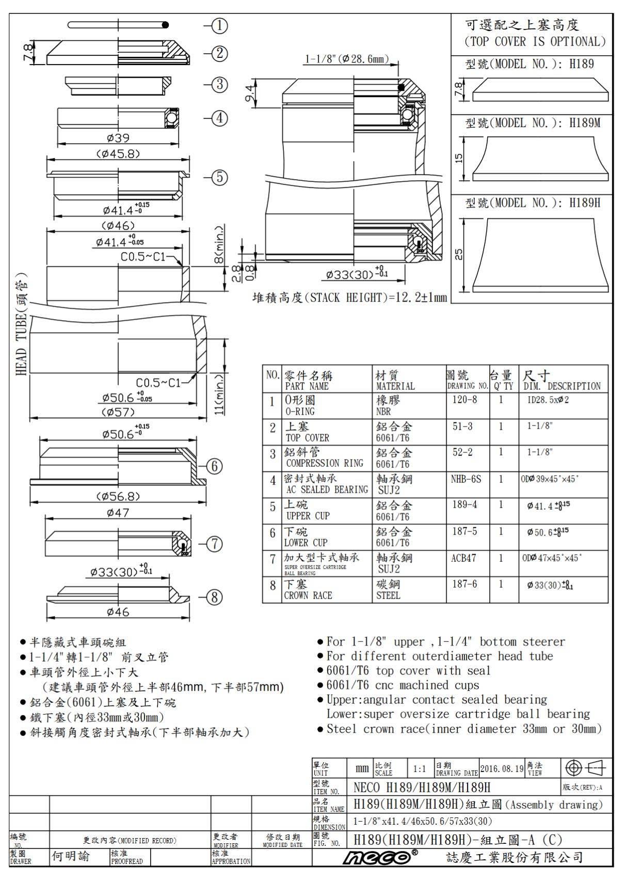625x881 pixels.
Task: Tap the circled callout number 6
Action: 214,466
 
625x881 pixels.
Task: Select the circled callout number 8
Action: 214,597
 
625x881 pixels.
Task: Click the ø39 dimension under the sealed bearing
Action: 118,138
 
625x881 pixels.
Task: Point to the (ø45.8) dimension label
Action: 118,154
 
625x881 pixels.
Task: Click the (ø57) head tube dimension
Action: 118,412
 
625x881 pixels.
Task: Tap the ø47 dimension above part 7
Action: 118,513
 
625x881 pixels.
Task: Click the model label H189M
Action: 533,123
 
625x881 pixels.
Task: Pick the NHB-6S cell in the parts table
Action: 466,479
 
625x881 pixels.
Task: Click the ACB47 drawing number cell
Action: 463,558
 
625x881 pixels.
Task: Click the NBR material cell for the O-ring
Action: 383,412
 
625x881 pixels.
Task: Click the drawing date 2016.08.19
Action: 502,768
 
